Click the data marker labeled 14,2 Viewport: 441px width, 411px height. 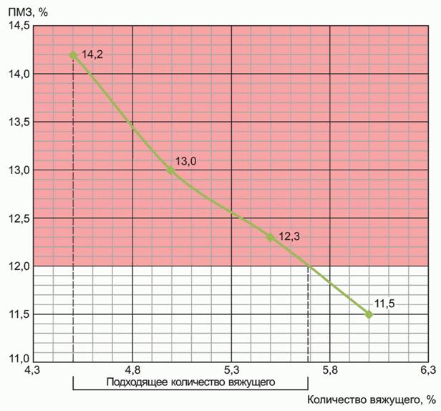click(x=73, y=54)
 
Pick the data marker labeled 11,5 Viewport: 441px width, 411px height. click(x=369, y=314)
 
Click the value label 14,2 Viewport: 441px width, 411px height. click(x=92, y=54)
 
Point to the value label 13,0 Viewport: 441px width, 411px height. click(x=185, y=161)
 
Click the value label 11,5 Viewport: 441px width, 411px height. click(x=384, y=304)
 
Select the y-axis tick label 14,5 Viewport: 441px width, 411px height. click(x=19, y=26)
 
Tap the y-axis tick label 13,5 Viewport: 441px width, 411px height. click(x=19, y=122)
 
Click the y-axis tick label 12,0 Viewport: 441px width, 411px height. click(x=19, y=266)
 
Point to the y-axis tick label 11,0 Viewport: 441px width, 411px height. click(x=19, y=357)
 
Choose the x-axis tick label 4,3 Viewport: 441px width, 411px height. click(x=33, y=370)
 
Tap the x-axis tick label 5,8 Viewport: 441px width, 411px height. click(x=329, y=370)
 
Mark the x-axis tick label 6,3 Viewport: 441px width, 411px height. click(x=427, y=370)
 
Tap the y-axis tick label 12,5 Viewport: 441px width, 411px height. click(x=19, y=218)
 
